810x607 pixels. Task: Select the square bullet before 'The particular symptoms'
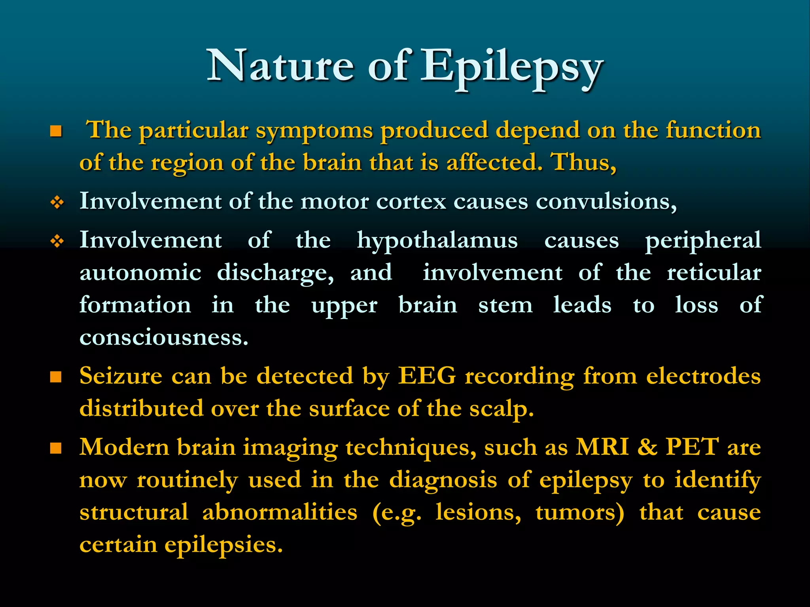click(x=56, y=131)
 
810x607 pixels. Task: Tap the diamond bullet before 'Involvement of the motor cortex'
click(x=57, y=203)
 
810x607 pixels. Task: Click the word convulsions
click(x=606, y=202)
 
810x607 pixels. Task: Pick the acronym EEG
click(x=427, y=375)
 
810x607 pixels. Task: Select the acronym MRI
click(x=602, y=447)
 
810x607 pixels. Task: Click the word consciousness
click(x=164, y=338)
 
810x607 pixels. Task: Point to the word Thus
click(x=584, y=163)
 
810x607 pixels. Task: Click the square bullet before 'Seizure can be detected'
click(x=56, y=377)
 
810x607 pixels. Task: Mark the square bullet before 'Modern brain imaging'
click(x=56, y=449)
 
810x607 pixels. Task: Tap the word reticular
click(x=714, y=273)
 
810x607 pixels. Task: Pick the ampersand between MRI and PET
click(x=647, y=447)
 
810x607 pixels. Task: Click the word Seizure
click(x=121, y=375)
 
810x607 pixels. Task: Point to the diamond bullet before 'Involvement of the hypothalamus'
click(x=57, y=241)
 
